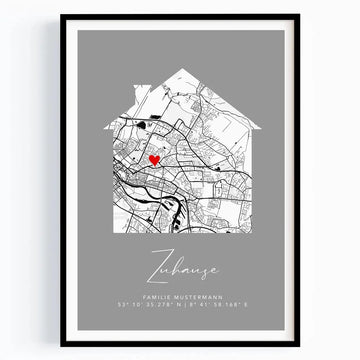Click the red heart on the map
coord(154,159)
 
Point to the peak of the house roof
coord(181,69)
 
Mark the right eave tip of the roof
coord(259,128)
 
